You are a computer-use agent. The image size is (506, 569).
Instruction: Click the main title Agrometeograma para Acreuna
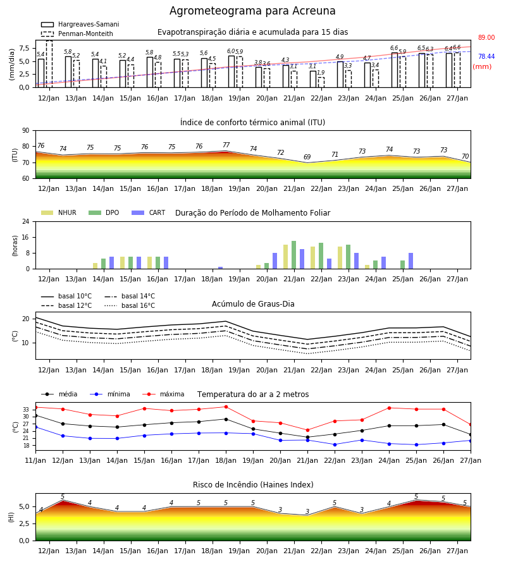point(252,11)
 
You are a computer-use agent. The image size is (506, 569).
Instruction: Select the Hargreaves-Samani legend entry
point(80,24)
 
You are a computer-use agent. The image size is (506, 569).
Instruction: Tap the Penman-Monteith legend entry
point(77,34)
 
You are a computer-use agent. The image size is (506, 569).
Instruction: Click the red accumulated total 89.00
point(486,37)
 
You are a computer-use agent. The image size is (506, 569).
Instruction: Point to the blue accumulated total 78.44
point(486,56)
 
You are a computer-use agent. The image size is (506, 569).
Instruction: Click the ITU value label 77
point(226,145)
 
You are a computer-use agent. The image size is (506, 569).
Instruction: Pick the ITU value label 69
point(307,157)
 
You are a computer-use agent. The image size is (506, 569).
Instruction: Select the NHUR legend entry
point(59,212)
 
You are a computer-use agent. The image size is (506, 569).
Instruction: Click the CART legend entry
point(149,212)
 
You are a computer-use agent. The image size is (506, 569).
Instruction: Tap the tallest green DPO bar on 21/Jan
point(293,255)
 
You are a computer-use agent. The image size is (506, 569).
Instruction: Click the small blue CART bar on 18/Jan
point(220,268)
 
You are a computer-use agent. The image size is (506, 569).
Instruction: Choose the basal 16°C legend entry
point(130,305)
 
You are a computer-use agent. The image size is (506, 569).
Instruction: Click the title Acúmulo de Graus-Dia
point(253,303)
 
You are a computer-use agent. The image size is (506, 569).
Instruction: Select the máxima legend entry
point(164,394)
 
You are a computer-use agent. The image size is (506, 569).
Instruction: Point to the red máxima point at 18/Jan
point(226,407)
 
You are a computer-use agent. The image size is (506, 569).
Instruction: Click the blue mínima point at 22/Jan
point(335,444)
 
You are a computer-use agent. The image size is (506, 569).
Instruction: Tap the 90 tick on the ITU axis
point(26,131)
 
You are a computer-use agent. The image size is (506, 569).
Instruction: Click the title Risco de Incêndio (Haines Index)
point(253,484)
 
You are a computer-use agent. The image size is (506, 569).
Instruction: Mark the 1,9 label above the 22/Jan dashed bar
point(321,73)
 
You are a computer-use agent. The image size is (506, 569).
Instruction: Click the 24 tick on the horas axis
point(26,221)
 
